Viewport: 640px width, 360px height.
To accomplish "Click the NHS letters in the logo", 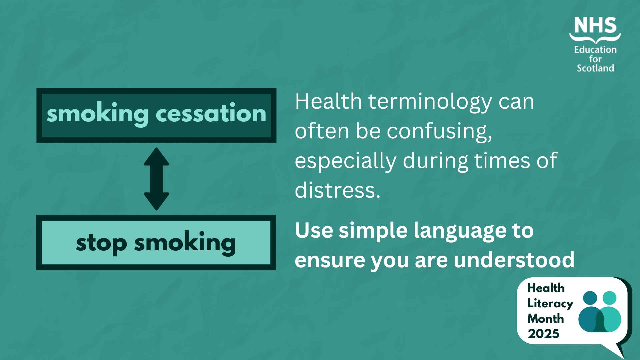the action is pos(595,25).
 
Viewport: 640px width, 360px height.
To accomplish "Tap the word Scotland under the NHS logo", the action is pos(595,68).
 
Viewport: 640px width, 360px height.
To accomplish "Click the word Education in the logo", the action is pos(595,50).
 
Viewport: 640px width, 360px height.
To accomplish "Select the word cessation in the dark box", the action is pos(211,114).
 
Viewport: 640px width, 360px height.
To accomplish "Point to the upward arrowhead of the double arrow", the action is pos(156,157).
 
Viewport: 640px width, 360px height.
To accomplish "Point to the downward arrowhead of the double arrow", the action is pos(156,201).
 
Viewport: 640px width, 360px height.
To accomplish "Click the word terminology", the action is pos(430,102).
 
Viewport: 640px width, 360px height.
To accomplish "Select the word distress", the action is pos(337,190).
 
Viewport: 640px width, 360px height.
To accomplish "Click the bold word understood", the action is pos(514,260).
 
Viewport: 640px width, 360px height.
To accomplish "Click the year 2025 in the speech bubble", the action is pos(543,334).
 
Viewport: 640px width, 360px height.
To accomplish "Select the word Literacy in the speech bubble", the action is pos(550,304).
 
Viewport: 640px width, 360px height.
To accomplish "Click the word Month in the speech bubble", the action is pos(546,319).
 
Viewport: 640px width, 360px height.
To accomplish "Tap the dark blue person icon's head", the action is pos(590,298).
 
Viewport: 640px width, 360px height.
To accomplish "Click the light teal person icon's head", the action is pos(610,298).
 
